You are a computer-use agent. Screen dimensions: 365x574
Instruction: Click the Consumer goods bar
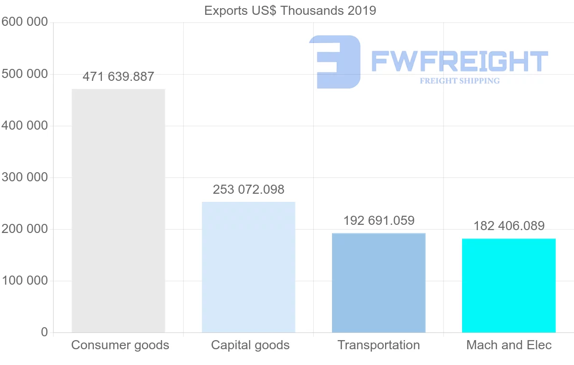(x=118, y=210)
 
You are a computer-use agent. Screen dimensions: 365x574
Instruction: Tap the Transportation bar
(x=378, y=283)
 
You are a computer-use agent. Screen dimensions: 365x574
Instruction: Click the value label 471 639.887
(x=118, y=77)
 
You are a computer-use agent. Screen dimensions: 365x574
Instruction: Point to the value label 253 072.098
(x=248, y=189)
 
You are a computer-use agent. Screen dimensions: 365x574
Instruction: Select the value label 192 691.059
(x=378, y=221)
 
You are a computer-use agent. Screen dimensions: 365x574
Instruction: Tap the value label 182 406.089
(x=508, y=225)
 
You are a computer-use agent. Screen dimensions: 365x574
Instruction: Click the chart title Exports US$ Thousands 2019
(x=290, y=11)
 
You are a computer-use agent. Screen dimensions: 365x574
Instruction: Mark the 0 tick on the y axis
(x=44, y=332)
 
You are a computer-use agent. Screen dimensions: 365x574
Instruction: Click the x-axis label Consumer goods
(x=120, y=345)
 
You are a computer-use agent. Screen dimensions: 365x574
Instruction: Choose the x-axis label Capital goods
(x=250, y=345)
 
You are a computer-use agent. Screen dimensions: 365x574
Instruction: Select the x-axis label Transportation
(x=378, y=345)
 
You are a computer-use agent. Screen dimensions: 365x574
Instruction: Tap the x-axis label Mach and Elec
(x=509, y=345)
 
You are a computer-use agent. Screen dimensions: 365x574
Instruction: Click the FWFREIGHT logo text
(x=459, y=61)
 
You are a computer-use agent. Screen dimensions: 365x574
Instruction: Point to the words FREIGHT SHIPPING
(x=459, y=81)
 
